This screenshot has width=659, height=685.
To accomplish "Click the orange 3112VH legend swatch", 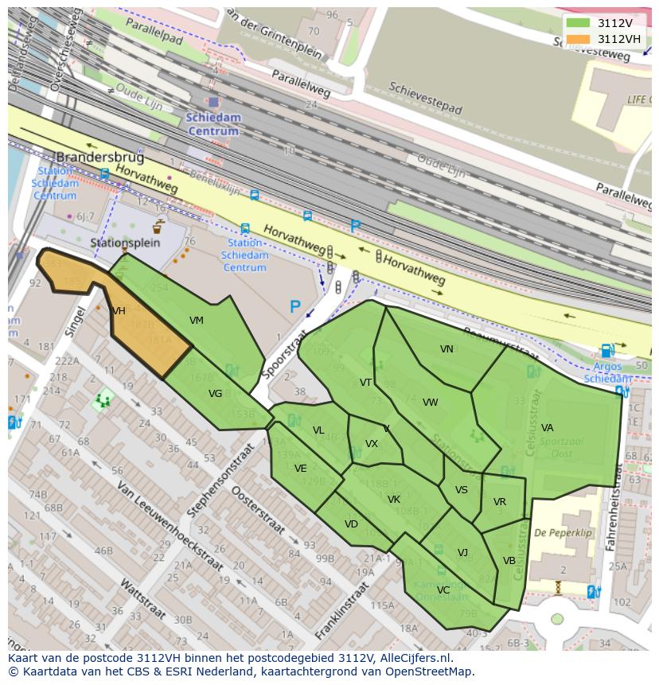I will [x=579, y=39].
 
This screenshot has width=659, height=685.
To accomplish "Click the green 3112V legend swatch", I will [x=579, y=23].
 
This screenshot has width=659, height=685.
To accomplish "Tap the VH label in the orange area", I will [x=119, y=311].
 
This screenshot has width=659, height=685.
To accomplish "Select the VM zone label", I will [x=197, y=321].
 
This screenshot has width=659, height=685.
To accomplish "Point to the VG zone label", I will [x=216, y=393].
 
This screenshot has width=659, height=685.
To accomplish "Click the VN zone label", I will [x=446, y=349].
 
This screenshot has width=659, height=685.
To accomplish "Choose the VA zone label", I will [x=547, y=428].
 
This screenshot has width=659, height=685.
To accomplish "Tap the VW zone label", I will [x=431, y=403].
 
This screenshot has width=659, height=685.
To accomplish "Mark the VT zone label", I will [x=365, y=383].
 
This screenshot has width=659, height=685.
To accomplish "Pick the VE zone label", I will [x=300, y=469].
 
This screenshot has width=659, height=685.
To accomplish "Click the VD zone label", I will [x=351, y=524].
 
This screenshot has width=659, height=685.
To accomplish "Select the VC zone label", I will [x=443, y=590].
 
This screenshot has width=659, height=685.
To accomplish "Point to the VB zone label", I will [x=509, y=561].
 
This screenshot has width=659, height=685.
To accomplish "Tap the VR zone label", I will [x=499, y=502].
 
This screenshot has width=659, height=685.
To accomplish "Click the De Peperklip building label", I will [x=563, y=533].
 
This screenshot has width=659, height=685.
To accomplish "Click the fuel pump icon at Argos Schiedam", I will [x=606, y=350].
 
